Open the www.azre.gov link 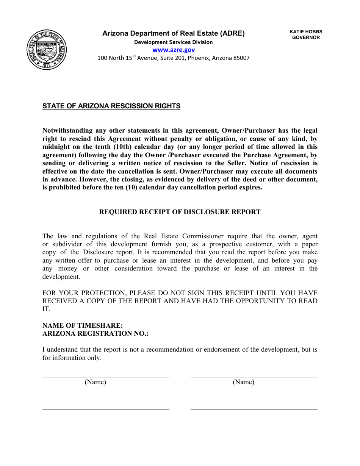174,50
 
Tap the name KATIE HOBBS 306,32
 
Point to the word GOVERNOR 306,38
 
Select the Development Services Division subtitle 174,42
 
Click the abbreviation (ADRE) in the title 233,33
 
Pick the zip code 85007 241,58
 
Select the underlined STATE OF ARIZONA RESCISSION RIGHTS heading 111,106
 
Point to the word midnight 57,147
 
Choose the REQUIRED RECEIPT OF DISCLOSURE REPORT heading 180,212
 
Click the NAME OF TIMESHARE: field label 83,325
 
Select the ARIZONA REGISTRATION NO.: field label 95,333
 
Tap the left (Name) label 95,382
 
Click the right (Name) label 243,382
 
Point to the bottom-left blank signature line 106,409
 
